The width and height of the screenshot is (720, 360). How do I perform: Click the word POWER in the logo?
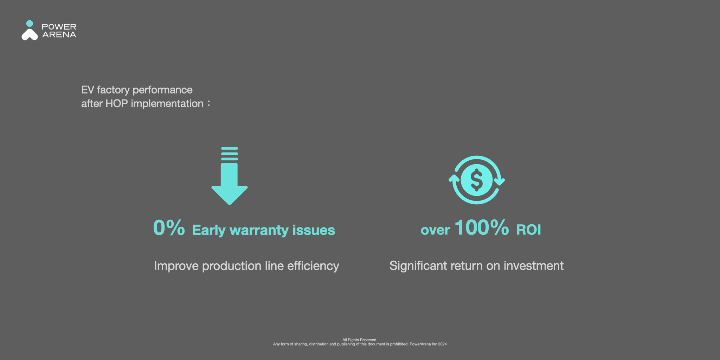(x=59, y=27)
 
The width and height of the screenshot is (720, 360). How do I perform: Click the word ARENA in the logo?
(x=59, y=34)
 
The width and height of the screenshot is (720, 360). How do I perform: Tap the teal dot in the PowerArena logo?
(x=30, y=24)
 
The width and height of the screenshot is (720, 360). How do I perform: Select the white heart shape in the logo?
(x=30, y=34)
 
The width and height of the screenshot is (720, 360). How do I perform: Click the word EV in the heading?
(x=88, y=90)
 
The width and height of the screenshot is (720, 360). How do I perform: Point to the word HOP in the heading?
(x=116, y=104)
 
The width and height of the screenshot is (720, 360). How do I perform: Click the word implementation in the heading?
(x=167, y=104)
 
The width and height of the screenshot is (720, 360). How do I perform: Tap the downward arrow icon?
(x=230, y=176)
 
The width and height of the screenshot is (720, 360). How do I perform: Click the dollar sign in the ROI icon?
(x=477, y=180)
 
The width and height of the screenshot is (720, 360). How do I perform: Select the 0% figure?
(x=169, y=227)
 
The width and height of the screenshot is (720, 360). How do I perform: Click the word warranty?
(x=259, y=231)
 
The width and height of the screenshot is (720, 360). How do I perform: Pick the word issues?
(x=314, y=230)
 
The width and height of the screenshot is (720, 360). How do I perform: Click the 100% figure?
(x=482, y=227)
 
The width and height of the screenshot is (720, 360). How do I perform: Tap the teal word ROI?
(x=528, y=230)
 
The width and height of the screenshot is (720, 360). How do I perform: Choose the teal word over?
(x=435, y=231)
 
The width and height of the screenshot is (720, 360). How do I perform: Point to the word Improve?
(x=176, y=266)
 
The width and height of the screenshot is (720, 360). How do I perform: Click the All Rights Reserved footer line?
(x=360, y=340)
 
